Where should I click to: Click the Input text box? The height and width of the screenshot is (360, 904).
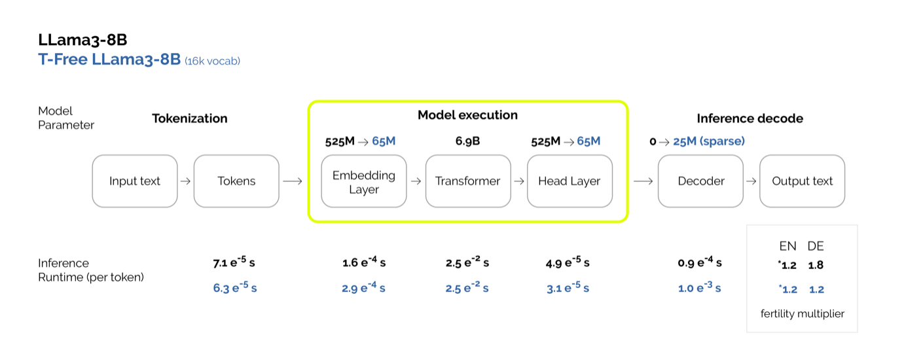point(135,181)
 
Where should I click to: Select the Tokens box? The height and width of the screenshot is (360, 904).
point(236,181)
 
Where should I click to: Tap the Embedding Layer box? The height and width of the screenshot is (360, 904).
point(364,181)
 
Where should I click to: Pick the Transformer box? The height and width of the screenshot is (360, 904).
point(468,181)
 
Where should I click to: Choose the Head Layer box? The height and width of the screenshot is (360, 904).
point(570,181)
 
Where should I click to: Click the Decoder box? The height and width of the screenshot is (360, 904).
point(700,181)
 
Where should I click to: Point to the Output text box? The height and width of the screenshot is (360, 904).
point(803,181)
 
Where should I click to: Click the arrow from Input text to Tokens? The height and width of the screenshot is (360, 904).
point(185,181)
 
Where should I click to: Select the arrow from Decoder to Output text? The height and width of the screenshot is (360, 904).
point(751,181)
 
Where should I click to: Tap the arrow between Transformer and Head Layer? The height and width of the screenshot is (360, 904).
point(518,181)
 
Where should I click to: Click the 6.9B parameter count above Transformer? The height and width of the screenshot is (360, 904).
point(467,141)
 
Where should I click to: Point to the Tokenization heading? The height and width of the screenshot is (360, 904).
point(190,118)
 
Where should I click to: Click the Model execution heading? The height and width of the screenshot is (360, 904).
point(467,115)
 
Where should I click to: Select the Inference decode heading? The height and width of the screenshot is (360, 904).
point(750,118)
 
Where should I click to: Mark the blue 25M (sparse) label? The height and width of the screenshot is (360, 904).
point(709,141)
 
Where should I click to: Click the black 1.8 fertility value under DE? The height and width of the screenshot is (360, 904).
point(816,266)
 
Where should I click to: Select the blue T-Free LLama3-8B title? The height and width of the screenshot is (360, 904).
point(109,60)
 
